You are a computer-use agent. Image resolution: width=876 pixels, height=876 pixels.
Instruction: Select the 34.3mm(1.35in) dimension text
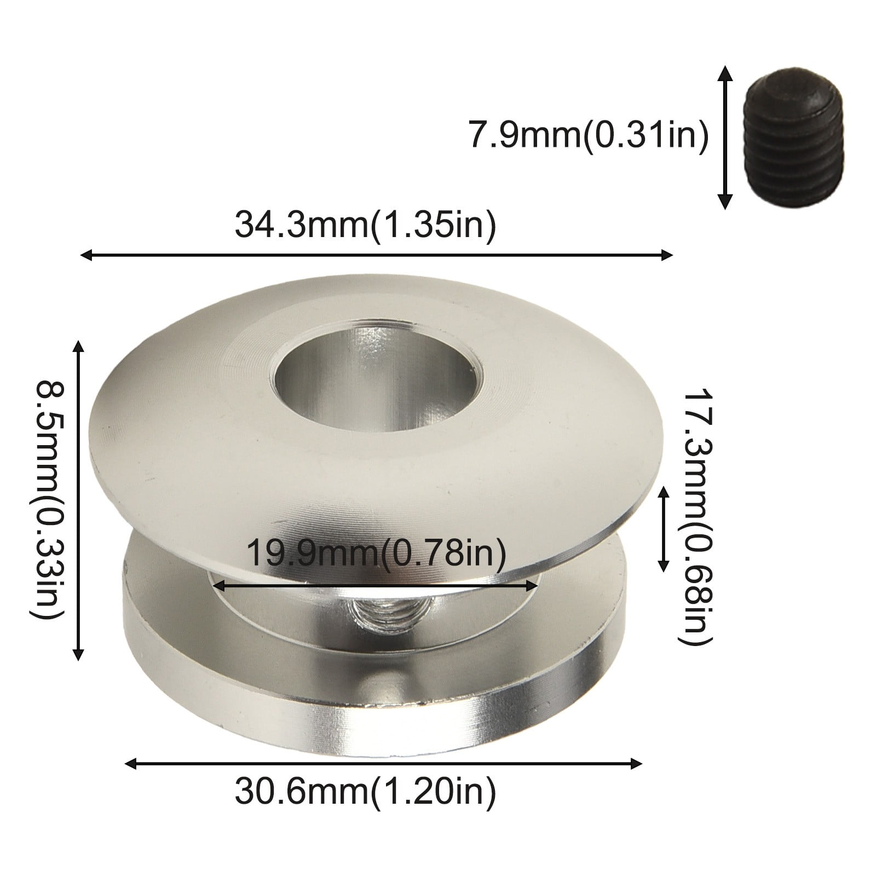pos(365,224)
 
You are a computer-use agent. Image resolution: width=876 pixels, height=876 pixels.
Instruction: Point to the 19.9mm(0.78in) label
pos(377,554)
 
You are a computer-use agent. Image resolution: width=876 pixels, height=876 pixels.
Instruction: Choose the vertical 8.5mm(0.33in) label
pos(47,499)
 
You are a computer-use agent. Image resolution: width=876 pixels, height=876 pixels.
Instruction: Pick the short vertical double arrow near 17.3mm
pos(664,528)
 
